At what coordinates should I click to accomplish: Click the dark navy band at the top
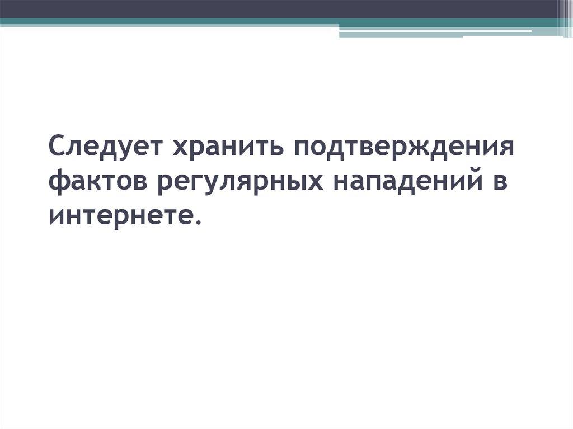[x=280, y=8]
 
